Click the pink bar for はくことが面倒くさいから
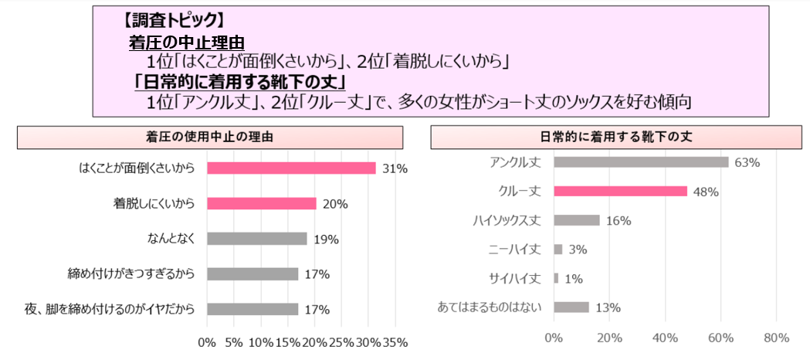coord(291,168)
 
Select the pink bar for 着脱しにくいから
coord(262,204)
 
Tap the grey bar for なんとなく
coord(257,239)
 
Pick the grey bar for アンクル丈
coord(641,162)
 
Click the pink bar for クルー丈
coord(620,192)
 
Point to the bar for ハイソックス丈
coord(576,220)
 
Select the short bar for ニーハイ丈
coord(558,250)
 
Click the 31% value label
coord(395,168)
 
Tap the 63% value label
coord(747,162)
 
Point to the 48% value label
coord(706,192)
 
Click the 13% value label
coord(608,307)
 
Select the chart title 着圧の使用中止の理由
coord(209,137)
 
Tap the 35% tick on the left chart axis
coord(395,342)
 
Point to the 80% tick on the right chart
coord(776,338)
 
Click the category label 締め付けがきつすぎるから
coord(131,273)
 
